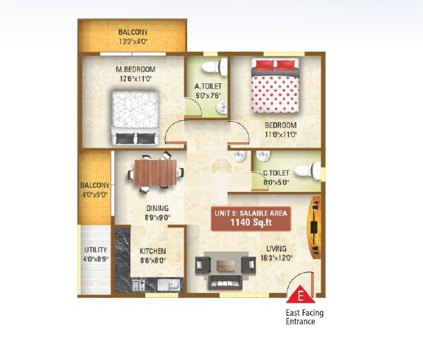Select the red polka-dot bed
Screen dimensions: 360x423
point(275,91)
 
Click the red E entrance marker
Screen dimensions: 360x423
point(301,298)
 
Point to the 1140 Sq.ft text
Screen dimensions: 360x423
point(251,222)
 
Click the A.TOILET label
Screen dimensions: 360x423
point(208,86)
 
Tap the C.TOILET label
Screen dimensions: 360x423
point(276,173)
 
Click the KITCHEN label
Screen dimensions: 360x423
point(153,251)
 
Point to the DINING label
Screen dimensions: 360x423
point(156,209)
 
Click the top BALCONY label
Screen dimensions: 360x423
point(133,32)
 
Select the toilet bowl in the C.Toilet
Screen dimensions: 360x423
point(315,170)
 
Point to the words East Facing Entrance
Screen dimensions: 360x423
point(304,317)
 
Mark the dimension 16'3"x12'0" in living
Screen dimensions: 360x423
point(277,258)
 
